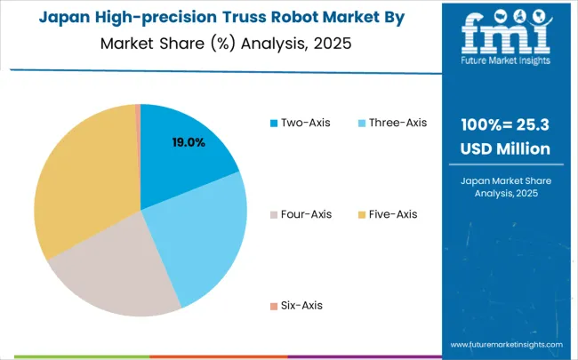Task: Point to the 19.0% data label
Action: click(x=189, y=142)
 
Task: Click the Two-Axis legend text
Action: click(x=307, y=123)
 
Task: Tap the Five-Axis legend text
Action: click(x=393, y=214)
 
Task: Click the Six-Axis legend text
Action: click(x=303, y=305)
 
